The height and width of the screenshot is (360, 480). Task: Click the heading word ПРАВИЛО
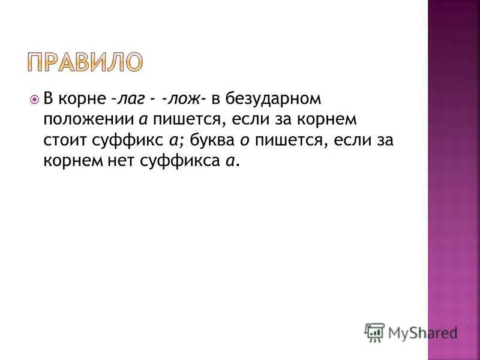[x=85, y=62]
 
